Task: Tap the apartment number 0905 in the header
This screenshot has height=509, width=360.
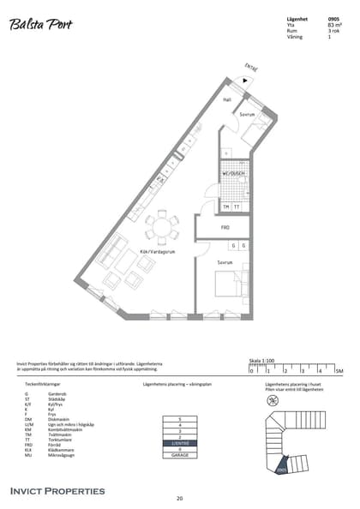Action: click(x=333, y=19)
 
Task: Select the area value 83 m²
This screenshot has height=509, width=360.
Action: click(x=334, y=26)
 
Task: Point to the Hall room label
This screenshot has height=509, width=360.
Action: click(x=227, y=100)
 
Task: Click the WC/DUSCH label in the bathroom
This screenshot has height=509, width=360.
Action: click(x=234, y=173)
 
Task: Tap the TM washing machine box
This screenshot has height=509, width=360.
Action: click(x=226, y=207)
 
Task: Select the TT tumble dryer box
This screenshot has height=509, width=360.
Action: click(x=237, y=207)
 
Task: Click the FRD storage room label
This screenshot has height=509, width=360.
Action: click(x=225, y=228)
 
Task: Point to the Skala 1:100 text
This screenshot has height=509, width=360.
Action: click(x=261, y=361)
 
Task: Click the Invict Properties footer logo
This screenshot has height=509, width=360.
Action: click(x=57, y=491)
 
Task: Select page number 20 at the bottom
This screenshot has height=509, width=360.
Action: click(x=179, y=498)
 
